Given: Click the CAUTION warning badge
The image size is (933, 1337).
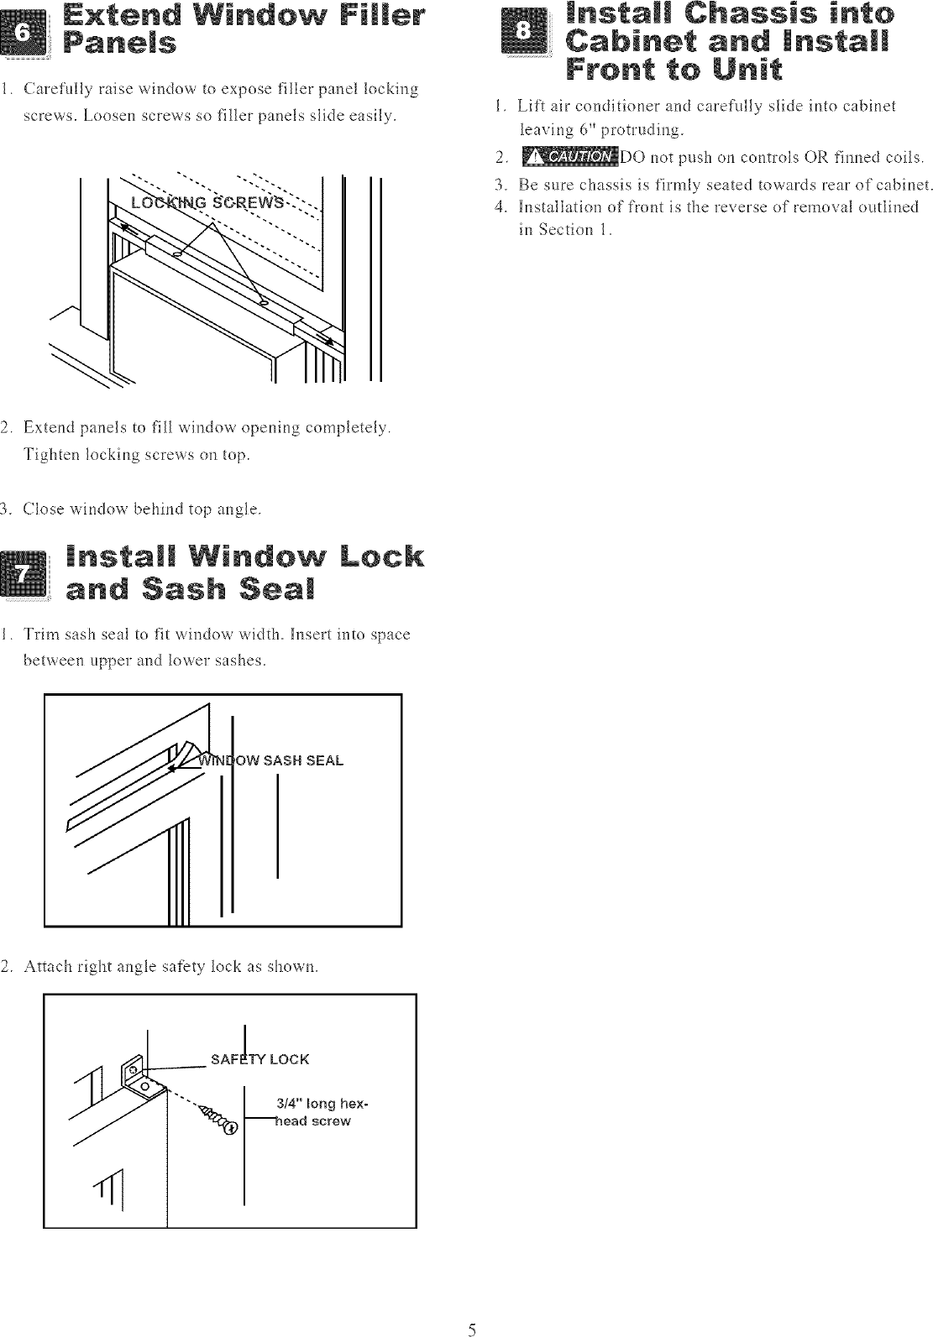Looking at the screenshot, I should point(569,157).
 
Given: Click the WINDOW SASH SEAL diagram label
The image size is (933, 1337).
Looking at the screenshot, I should point(270,761).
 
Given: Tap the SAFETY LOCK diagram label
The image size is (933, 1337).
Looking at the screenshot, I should point(259,1059).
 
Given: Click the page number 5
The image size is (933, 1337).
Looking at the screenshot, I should point(473,1329).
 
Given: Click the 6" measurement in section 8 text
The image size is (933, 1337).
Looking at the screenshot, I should point(584,129).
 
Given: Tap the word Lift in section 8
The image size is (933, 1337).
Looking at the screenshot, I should point(532,106).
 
